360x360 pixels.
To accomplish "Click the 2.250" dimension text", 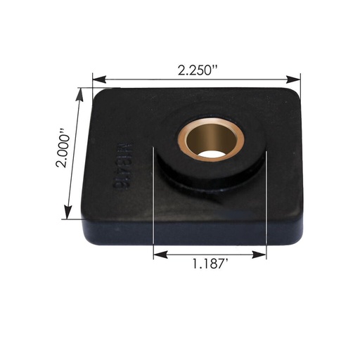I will pos(197,70).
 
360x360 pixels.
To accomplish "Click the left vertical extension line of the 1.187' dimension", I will pos(153,211).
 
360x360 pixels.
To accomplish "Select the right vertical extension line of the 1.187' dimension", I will pos(266,211).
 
